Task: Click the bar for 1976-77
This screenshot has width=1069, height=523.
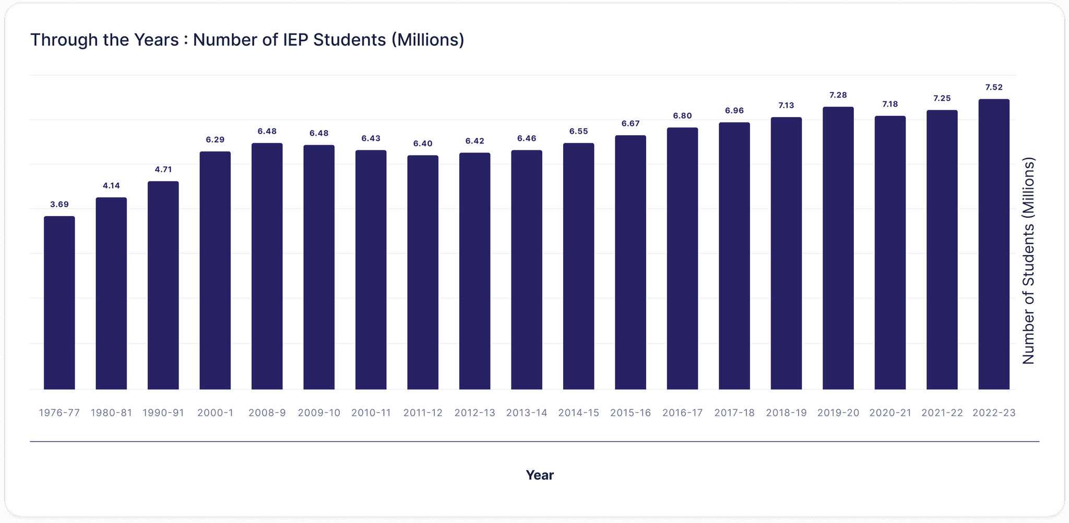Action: pos(59,303)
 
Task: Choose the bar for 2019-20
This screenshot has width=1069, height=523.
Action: pos(838,248)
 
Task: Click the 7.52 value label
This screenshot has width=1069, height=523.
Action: pos(993,88)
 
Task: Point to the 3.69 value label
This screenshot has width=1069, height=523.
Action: pos(59,205)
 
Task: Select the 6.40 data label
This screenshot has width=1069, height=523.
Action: pos(423,144)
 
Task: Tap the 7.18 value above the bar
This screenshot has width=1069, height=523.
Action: pos(890,104)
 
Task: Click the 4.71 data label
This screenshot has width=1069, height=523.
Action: pos(163,170)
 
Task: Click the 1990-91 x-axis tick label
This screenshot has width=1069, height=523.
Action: pos(163,413)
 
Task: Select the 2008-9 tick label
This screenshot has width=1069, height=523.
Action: pos(267,413)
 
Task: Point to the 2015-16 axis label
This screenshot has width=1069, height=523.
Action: pos(630,413)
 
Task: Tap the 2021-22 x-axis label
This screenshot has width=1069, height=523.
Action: pos(942,413)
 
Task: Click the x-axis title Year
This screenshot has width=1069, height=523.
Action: pos(539,475)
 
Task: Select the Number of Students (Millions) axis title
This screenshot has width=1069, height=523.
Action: pos(1028,261)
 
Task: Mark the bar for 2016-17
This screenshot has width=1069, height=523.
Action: pos(682,258)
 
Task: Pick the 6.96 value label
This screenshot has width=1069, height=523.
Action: pos(734,111)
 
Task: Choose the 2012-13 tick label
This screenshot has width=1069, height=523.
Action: pos(474,413)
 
